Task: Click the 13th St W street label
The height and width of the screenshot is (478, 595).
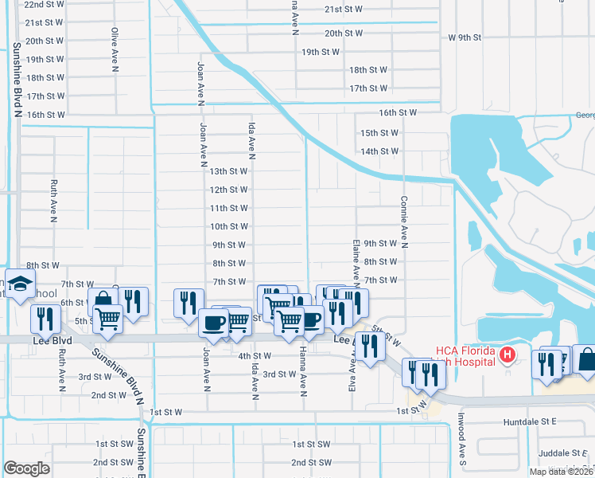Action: pyautogui.click(x=228, y=171)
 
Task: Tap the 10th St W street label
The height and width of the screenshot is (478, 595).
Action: pyautogui.click(x=228, y=227)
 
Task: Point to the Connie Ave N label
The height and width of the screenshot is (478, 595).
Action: pyautogui.click(x=404, y=222)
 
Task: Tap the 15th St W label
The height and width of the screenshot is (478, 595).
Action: pyautogui.click(x=379, y=133)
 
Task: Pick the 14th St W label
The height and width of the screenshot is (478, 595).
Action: pyautogui.click(x=379, y=151)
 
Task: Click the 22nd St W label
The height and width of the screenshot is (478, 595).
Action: pyautogui.click(x=45, y=4)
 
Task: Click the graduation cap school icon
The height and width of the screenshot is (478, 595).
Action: pyautogui.click(x=20, y=284)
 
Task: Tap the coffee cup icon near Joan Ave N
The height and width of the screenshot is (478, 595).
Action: pyautogui.click(x=213, y=322)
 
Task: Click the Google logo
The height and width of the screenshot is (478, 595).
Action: pyautogui.click(x=27, y=468)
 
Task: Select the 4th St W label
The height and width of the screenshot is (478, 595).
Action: pyautogui.click(x=255, y=356)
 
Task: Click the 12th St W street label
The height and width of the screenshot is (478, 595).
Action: pyautogui.click(x=228, y=190)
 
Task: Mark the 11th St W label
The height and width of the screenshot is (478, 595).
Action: pyautogui.click(x=228, y=209)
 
